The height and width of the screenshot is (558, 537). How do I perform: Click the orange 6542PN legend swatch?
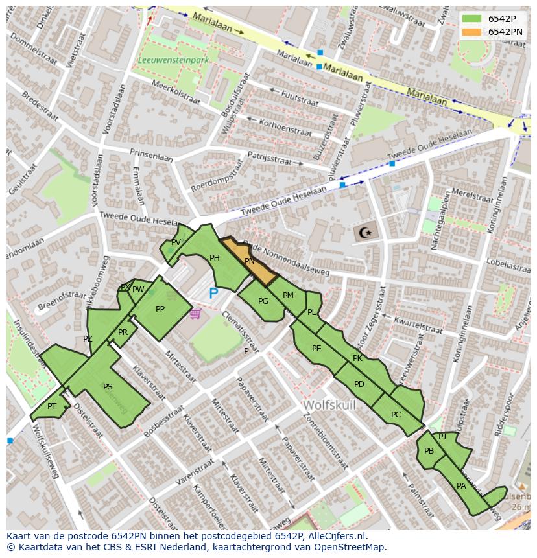pyautogui.click(x=472, y=32)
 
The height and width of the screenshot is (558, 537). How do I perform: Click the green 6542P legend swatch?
pyautogui.click(x=472, y=19)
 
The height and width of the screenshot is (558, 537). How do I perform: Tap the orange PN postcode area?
pyautogui.click(x=250, y=261)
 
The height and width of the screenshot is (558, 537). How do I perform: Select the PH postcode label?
pyautogui.click(x=215, y=258)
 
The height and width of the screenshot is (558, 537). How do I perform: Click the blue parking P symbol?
pyautogui.click(x=213, y=294)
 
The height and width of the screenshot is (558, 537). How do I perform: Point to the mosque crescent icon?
pyautogui.click(x=366, y=232)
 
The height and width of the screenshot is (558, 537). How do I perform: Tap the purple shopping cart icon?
pyautogui.click(x=195, y=314)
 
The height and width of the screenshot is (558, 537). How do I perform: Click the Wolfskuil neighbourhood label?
pyautogui.click(x=330, y=405)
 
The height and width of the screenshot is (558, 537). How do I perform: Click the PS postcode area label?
pyautogui.click(x=108, y=387)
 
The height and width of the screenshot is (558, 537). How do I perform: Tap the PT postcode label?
pyautogui.click(x=52, y=406)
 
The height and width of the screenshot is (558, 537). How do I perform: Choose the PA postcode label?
pyautogui.click(x=461, y=485)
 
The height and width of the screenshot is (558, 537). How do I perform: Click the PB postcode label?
pyautogui.click(x=429, y=451)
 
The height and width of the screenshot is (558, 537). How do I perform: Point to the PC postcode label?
pyautogui.click(x=396, y=415)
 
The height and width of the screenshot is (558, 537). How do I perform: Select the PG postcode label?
pyautogui.click(x=263, y=301)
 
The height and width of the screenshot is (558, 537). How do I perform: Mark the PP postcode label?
pyautogui.click(x=160, y=309)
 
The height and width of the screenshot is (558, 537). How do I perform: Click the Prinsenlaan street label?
pyautogui.click(x=151, y=156)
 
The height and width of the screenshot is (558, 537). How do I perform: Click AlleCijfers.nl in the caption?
pyautogui.click(x=336, y=536)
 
